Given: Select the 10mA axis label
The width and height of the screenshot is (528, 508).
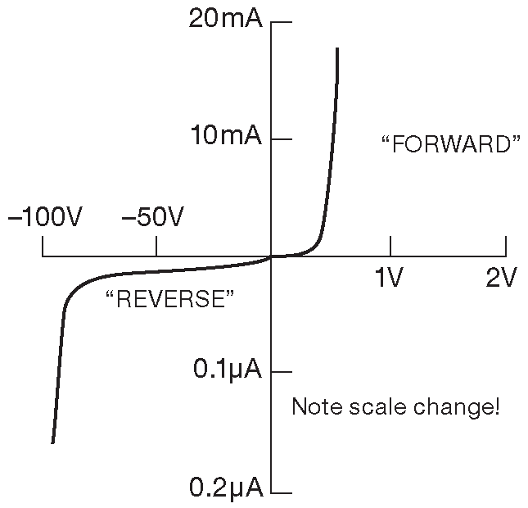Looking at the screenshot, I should pos(225,135).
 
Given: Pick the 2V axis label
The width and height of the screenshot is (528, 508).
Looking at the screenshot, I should pos(502,279).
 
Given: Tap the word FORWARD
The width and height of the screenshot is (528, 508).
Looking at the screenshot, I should pos(451,145).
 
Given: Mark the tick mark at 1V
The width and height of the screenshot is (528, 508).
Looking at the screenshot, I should pos(390,246).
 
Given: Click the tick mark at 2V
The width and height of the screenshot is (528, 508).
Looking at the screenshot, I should pos(506,246).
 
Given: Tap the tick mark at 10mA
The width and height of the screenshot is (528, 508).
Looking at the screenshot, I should pos(281,139).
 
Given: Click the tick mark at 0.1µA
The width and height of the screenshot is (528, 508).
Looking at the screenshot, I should pos(281,373).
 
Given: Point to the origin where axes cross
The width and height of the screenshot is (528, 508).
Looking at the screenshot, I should pos(271,256).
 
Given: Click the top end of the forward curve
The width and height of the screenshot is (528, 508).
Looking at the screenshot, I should pos(337,49).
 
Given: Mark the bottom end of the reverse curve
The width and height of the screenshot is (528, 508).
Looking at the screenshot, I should pos(53,442).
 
